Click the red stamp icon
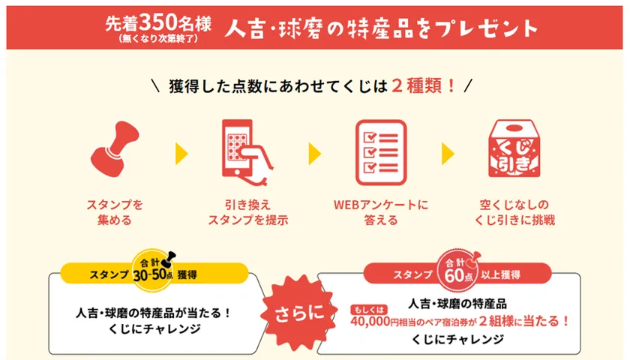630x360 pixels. tap(115, 149)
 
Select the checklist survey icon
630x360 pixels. tap(381, 152)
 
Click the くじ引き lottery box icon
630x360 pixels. tap(514, 148)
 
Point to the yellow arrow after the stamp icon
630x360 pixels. tap(181, 154)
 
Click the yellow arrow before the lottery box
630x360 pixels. tap(448, 154)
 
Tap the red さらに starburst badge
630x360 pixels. tap(299, 313)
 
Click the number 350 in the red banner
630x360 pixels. tap(159, 24)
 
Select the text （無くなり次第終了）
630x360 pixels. tap(158, 39)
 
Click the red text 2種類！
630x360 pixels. tap(424, 85)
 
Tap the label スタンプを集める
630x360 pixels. tap(115, 212)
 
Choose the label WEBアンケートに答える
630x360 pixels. tap(381, 212)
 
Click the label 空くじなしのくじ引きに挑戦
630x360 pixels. tap(514, 212)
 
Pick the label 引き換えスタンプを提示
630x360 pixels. tap(248, 212)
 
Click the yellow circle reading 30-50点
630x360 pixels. tap(153, 270)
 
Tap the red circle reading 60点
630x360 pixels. tap(458, 270)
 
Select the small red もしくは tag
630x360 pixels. tap(369, 310)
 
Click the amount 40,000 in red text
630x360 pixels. tap(370, 322)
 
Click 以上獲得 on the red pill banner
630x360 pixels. tap(501, 274)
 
